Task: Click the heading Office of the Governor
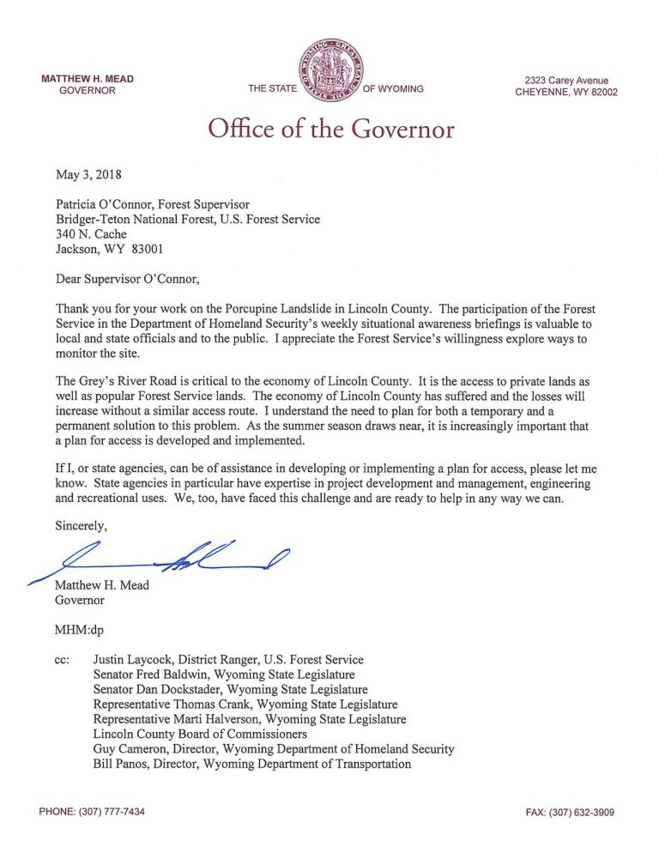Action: tap(330, 130)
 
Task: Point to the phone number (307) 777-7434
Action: tap(92, 812)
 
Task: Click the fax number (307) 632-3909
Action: tap(570, 812)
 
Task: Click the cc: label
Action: tap(63, 660)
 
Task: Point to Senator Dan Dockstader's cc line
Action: tap(230, 689)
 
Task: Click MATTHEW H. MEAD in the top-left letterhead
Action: tap(88, 79)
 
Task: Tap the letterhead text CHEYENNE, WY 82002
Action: tap(565, 93)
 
